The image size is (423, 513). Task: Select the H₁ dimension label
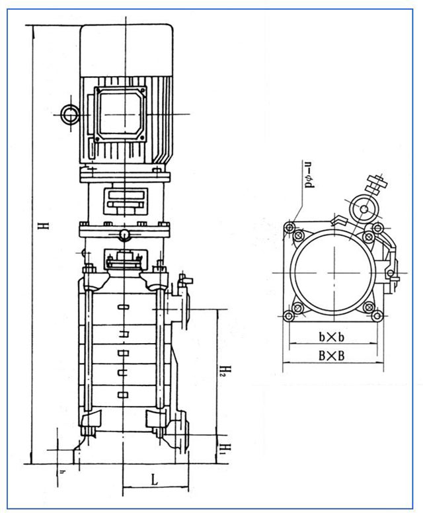225,450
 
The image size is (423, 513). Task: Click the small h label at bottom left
62,471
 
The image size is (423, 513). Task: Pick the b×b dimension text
332,338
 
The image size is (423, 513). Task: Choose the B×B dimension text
332,356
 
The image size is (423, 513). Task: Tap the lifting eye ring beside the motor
69,114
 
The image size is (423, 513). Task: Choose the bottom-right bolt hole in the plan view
376,317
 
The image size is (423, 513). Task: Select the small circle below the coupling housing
124,236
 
